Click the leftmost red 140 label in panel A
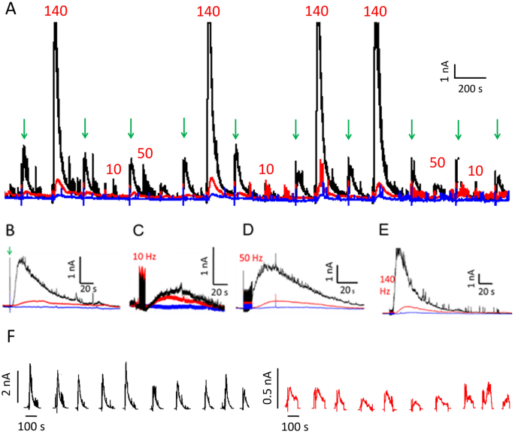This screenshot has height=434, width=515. tap(57, 11)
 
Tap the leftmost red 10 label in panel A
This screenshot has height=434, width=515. tap(114, 168)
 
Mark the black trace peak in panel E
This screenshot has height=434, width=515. tap(401, 249)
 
